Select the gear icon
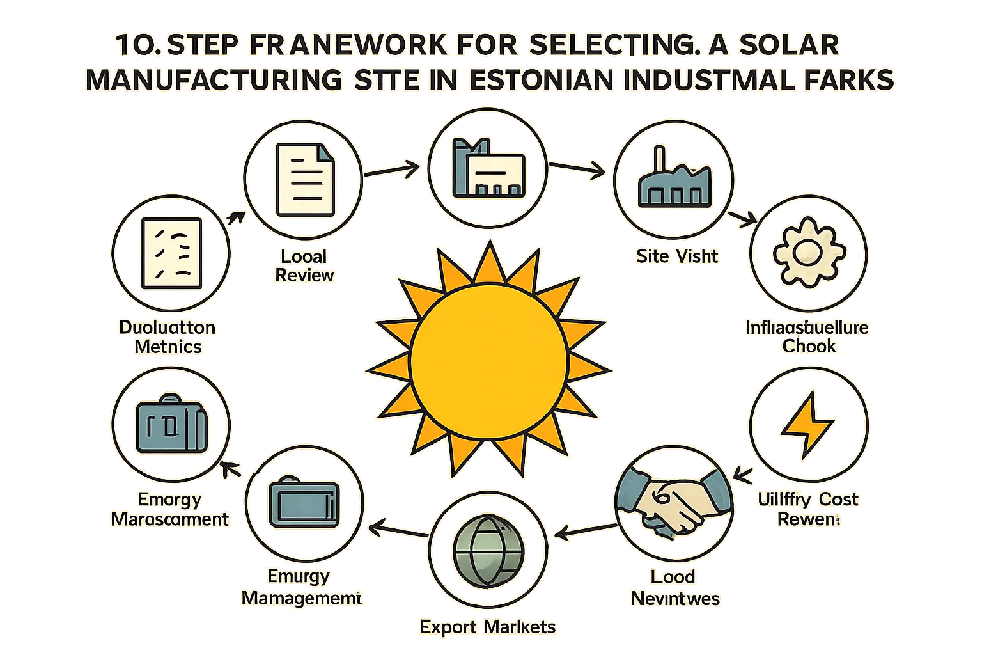[x=808, y=253]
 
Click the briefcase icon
[x=171, y=424]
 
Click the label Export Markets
[x=488, y=627]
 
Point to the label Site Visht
[x=677, y=256]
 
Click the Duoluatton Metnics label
[x=168, y=337]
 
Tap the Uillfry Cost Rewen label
[x=808, y=509]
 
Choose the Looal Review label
[x=304, y=265]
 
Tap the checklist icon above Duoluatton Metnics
[x=171, y=253]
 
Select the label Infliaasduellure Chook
[x=807, y=337]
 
